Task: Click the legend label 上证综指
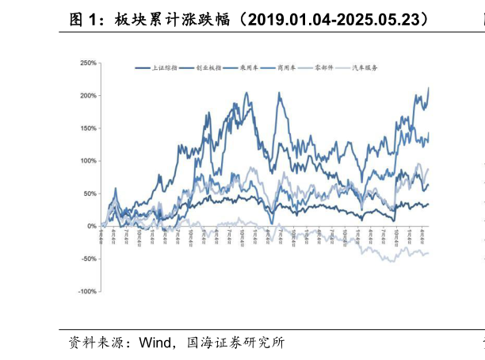click(x=164, y=69)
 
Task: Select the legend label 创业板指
click(x=208, y=69)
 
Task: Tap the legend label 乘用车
click(x=250, y=69)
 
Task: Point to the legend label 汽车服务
click(x=367, y=69)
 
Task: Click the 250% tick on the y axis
click(x=87, y=63)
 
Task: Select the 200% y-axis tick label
click(x=87, y=96)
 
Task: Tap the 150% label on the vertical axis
click(x=87, y=128)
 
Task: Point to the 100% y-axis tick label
click(x=87, y=161)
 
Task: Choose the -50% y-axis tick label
click(x=88, y=259)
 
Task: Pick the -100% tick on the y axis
click(x=86, y=292)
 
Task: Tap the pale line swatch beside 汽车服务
click(x=344, y=69)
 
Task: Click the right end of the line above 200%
click(x=429, y=88)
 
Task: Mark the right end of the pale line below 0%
click(x=429, y=253)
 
